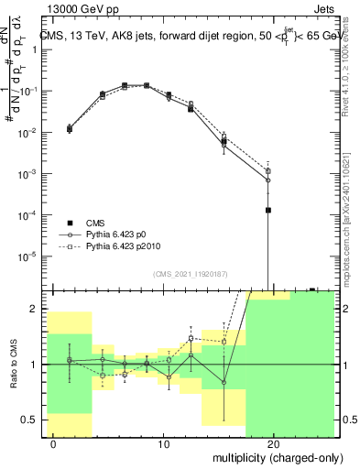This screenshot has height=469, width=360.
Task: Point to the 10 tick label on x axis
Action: (x=164, y=444)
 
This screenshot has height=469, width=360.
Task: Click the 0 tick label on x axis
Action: (x=54, y=444)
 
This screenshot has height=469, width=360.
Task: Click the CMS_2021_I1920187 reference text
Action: (x=190, y=274)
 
